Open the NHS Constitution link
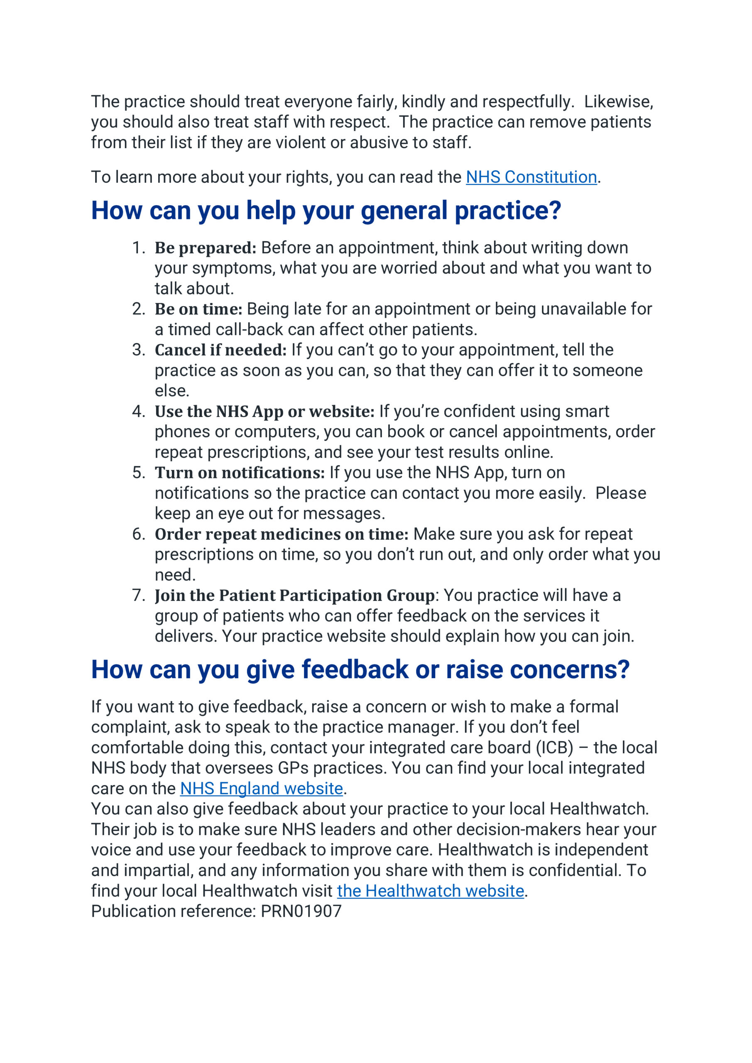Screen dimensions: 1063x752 click(531, 177)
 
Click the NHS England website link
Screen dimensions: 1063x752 click(261, 789)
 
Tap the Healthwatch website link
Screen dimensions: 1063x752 click(430, 891)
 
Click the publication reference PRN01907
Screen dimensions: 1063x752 click(301, 911)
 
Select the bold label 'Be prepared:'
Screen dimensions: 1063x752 click(205, 248)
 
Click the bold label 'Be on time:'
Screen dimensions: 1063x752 click(198, 309)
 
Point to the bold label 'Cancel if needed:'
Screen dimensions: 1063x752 click(220, 350)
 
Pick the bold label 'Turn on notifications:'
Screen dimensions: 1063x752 click(240, 473)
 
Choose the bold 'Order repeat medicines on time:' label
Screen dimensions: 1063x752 click(281, 534)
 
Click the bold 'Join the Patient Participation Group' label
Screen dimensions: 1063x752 click(294, 595)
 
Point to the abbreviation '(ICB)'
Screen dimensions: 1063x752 click(554, 748)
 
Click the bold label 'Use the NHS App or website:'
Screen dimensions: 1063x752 click(265, 411)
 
